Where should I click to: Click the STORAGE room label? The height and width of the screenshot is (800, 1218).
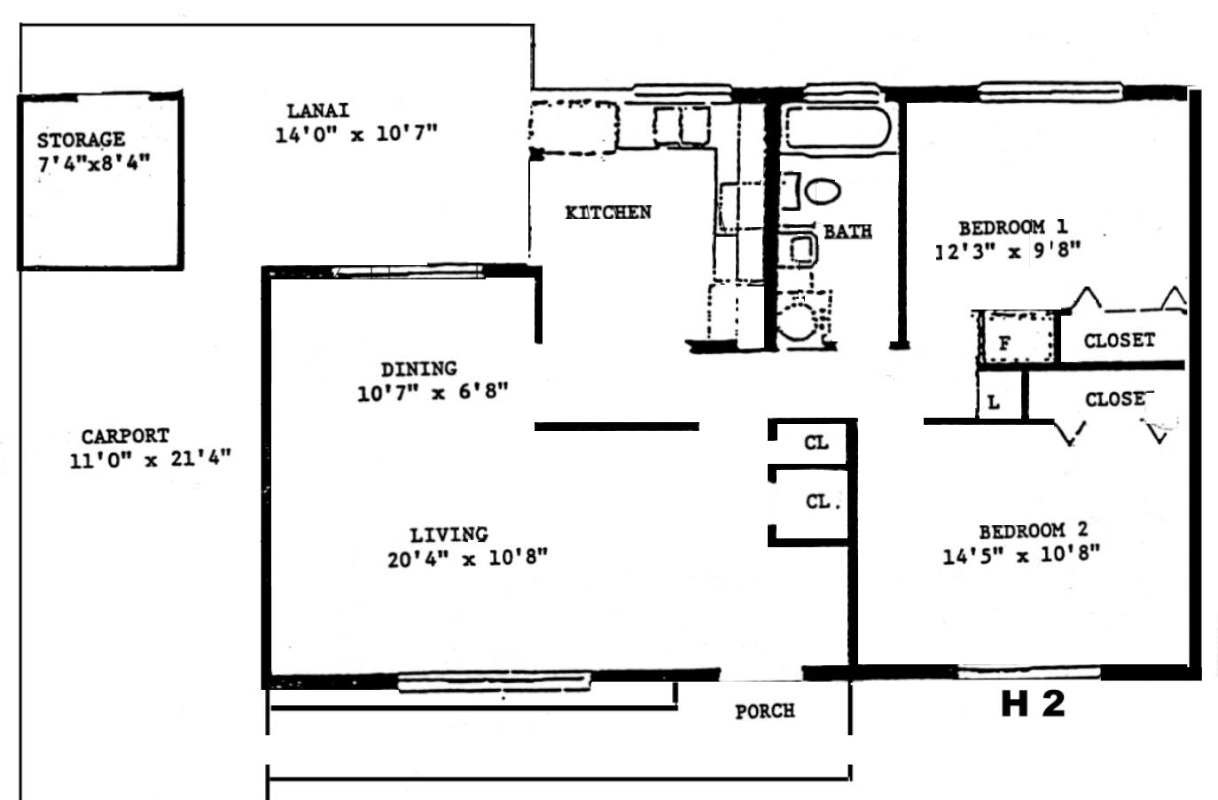click(x=81, y=140)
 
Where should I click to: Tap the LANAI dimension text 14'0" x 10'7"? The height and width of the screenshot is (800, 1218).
click(x=356, y=134)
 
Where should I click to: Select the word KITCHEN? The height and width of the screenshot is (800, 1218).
click(x=608, y=212)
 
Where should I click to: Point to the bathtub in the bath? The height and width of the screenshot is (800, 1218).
click(x=838, y=128)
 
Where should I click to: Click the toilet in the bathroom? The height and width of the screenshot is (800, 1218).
click(x=822, y=192)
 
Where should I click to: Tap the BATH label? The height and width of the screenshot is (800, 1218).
click(x=847, y=231)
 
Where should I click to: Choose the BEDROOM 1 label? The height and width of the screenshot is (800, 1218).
click(x=1012, y=227)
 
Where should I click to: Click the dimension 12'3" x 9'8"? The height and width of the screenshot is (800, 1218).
click(x=1008, y=251)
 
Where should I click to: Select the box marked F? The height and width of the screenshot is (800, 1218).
click(x=1018, y=337)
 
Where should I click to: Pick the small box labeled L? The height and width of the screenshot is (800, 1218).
click(x=1001, y=396)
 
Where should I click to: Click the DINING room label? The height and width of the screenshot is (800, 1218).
click(x=418, y=369)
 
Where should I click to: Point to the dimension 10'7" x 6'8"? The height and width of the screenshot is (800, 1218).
click(x=433, y=392)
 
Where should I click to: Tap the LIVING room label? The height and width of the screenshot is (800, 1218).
click(x=449, y=535)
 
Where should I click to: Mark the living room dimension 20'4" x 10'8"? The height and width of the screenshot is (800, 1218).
click(x=467, y=559)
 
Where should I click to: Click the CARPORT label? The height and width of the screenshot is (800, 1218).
click(x=125, y=435)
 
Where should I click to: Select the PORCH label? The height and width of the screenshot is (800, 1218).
click(x=764, y=711)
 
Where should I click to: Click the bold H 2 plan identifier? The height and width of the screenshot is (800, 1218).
click(x=1033, y=703)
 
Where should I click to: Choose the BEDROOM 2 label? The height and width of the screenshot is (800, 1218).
click(x=1033, y=530)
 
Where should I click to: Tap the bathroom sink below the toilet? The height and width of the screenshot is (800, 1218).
click(x=798, y=250)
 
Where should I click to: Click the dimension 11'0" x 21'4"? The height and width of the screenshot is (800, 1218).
click(x=150, y=459)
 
